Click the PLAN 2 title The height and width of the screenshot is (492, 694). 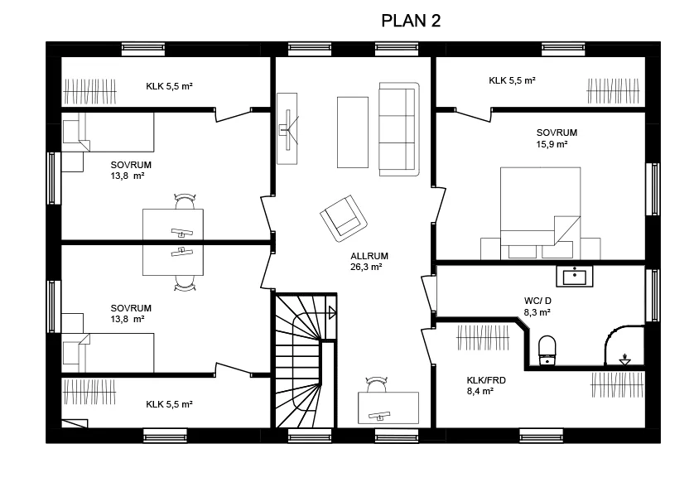click(411, 21)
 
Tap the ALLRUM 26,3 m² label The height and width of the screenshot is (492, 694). click(369, 261)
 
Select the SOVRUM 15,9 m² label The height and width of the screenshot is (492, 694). click(557, 138)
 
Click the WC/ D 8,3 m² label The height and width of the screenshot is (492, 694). click(537, 306)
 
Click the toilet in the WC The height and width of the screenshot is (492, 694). click(547, 350)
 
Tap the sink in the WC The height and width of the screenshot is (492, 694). click(575, 277)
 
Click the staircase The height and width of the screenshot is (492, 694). click(305, 360)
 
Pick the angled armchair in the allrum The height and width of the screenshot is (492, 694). click(344, 219)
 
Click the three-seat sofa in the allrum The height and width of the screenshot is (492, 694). click(399, 129)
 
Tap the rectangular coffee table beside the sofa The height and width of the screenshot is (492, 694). click(353, 133)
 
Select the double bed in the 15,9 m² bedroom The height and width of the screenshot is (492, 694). click(541, 213)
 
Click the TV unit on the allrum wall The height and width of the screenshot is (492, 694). click(287, 129)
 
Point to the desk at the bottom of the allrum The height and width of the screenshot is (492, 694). click(388, 408)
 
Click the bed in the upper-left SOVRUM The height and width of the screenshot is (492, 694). click(108, 132)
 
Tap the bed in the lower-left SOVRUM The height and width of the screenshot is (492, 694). click(108, 353)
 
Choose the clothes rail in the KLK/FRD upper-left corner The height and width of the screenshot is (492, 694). click(483, 338)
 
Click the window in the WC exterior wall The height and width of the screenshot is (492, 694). click(653, 296)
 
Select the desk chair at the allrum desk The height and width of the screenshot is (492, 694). click(377, 383)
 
